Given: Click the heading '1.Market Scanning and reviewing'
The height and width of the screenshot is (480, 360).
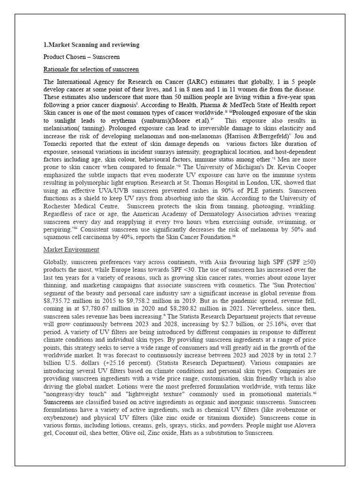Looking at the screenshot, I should click(x=91, y=45).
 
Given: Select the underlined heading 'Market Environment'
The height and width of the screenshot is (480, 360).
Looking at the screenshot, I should click(x=71, y=249).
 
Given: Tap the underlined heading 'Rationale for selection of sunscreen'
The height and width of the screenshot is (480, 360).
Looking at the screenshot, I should click(x=91, y=69).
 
